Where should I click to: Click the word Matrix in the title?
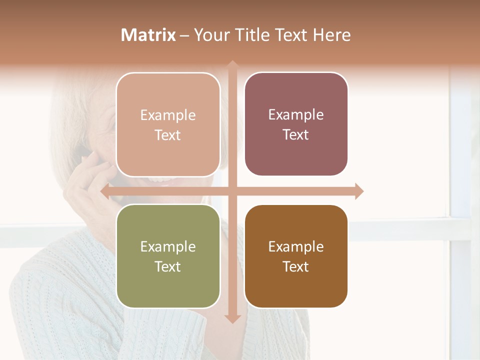pos(148,35)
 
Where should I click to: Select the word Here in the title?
pos(331,35)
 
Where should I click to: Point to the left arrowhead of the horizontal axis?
pos(105,191)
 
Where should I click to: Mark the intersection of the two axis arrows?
pos(232,191)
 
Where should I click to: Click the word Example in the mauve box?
pos(296,115)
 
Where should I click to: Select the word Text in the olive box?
pos(168,266)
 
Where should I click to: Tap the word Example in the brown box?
pos(296,246)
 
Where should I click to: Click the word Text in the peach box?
pos(168,135)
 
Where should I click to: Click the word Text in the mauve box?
pos(296,135)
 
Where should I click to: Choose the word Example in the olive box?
pos(168,246)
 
